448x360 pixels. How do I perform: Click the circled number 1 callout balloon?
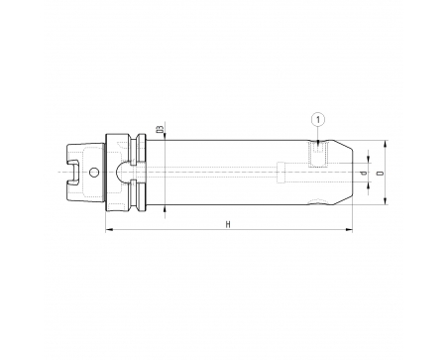(318, 120)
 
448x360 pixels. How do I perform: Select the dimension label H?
(228, 225)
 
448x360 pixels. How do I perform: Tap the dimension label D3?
(161, 129)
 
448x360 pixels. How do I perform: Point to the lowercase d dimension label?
(364, 173)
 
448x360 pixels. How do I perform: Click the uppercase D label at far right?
(381, 173)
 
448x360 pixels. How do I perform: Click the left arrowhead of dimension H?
(109, 229)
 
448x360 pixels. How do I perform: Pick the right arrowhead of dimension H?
(349, 229)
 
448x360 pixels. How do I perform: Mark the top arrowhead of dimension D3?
(165, 136)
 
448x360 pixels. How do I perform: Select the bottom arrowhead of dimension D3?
(165, 209)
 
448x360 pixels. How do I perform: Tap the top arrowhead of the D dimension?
(385, 144)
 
